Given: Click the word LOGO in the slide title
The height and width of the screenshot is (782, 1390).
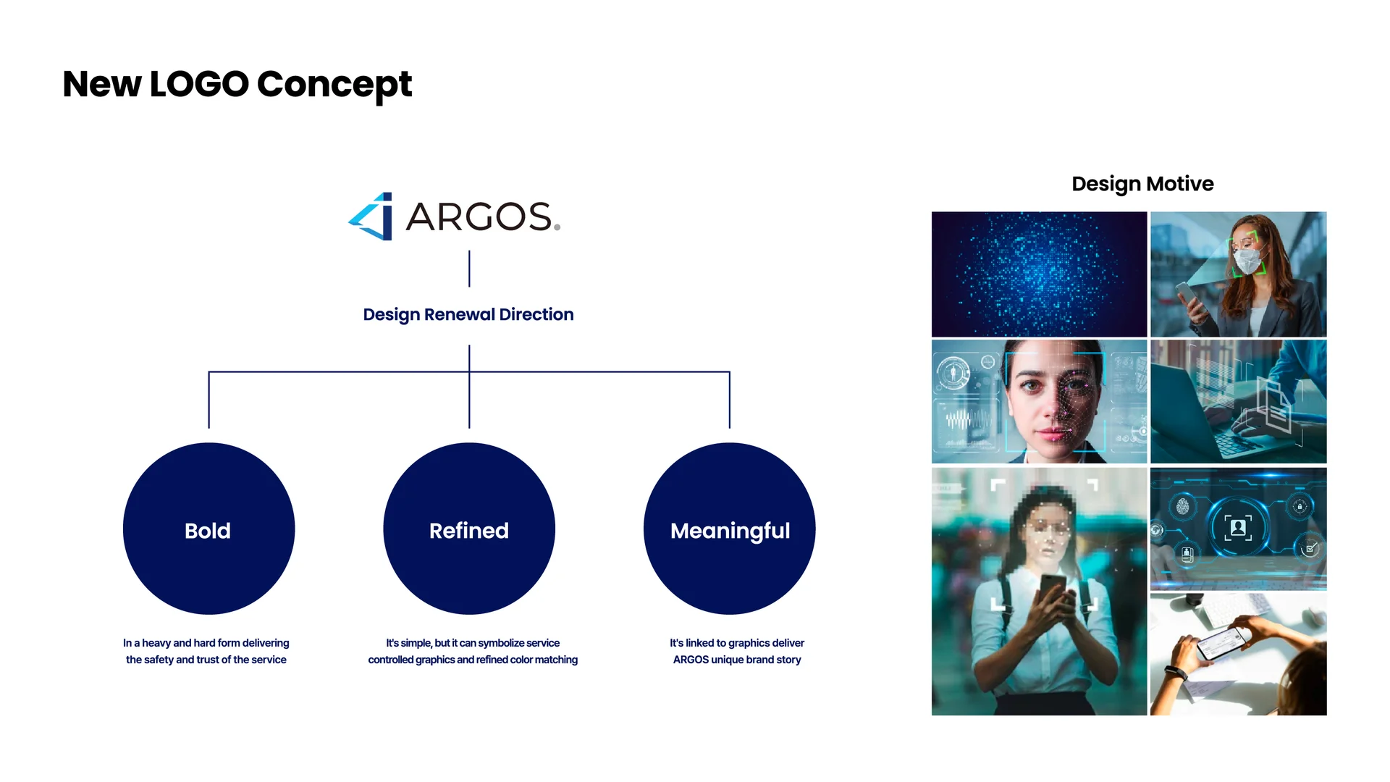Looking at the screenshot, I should tap(199, 84).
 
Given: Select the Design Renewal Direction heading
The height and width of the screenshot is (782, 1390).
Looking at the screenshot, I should tap(468, 314).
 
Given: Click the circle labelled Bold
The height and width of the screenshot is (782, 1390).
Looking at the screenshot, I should tap(208, 529).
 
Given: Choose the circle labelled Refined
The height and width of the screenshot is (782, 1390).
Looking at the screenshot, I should tap(469, 529).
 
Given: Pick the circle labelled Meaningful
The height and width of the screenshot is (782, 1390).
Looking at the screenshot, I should tap(730, 529).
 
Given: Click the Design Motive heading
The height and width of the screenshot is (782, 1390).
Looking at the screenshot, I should tap(1142, 184).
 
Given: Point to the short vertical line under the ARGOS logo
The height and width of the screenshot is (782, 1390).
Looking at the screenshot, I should tap(469, 269).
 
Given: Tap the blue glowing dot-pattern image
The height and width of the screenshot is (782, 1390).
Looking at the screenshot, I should tap(1039, 274).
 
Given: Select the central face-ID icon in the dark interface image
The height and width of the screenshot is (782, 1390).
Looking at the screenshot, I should tap(1238, 527).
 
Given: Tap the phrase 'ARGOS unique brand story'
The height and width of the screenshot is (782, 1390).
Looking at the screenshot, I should tap(737, 660).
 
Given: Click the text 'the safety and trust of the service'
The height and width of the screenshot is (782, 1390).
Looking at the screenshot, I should tap(206, 660).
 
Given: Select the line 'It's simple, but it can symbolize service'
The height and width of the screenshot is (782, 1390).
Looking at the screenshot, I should tap(473, 643).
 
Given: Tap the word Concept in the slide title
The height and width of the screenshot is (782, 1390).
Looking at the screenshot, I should tap(334, 84).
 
